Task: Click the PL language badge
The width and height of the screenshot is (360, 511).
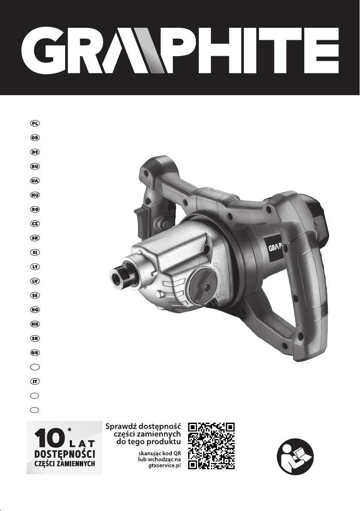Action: (x=35, y=123)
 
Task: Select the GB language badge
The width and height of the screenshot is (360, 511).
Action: (x=35, y=138)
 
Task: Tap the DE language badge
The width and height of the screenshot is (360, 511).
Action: (x=35, y=152)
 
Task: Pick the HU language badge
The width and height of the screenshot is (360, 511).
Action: (x=35, y=195)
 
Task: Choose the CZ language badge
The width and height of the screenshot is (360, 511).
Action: (x=35, y=224)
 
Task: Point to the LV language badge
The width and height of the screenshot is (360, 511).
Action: (x=35, y=281)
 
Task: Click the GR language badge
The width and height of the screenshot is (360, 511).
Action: (x=35, y=353)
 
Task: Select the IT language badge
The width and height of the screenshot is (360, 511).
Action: (x=35, y=381)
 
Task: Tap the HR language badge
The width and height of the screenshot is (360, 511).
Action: (x=35, y=324)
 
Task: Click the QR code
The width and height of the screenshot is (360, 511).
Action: (x=211, y=446)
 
